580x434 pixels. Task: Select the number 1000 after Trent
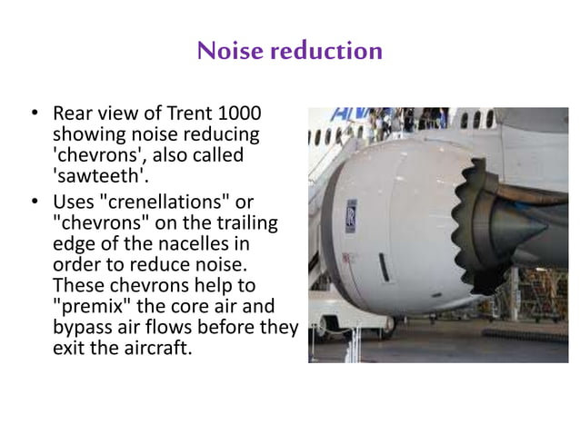coord(239,115)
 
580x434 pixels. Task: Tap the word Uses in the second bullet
coord(74,202)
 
